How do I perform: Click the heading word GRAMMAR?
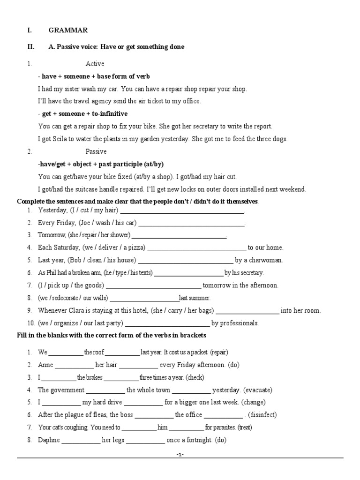pyautogui.click(x=68, y=30)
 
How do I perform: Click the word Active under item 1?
pyautogui.click(x=95, y=64)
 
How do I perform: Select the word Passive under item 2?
pyautogui.click(x=96, y=151)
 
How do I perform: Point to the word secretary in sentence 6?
pyautogui.click(x=251, y=273)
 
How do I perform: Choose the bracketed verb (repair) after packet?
pyautogui.click(x=219, y=352)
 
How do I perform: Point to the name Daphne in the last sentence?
pyautogui.click(x=49, y=440)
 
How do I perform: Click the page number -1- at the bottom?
pyautogui.click(x=180, y=455)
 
